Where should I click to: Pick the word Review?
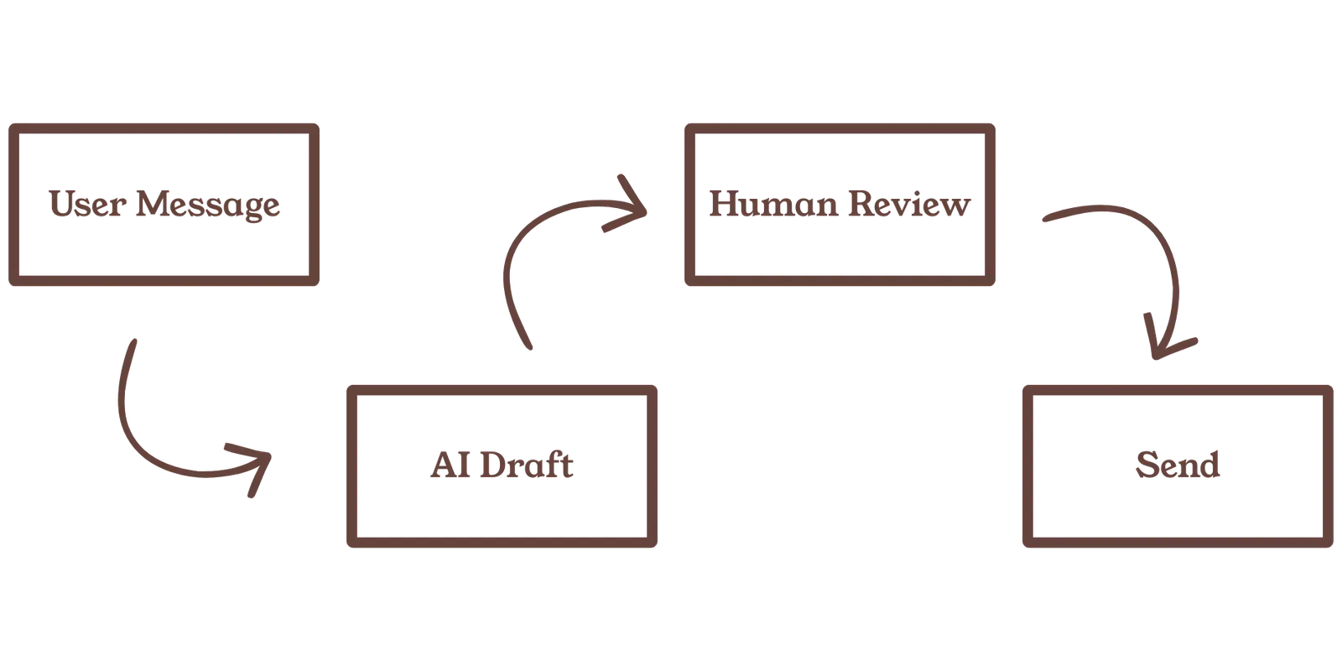(x=909, y=205)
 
